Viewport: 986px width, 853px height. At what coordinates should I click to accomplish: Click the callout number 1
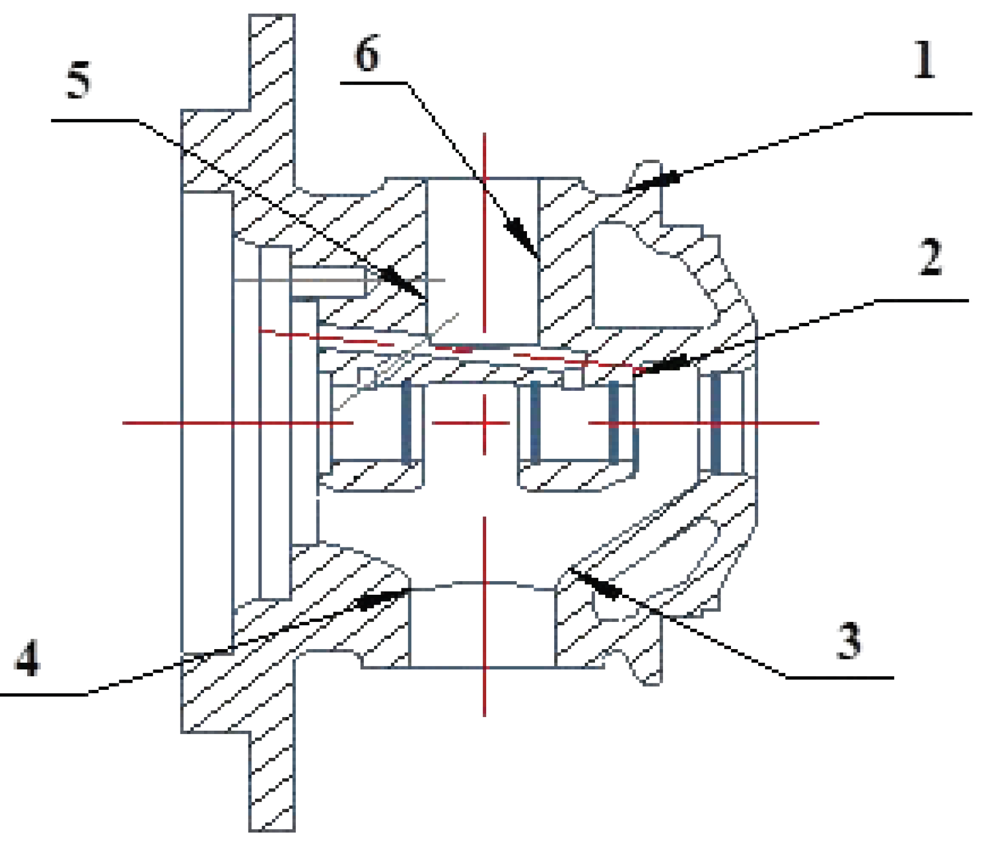coord(923,60)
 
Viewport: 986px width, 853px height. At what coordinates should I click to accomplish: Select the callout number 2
coord(930,257)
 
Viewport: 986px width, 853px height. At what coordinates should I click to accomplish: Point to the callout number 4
coord(27,658)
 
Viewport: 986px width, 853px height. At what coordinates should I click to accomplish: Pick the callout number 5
coord(79,80)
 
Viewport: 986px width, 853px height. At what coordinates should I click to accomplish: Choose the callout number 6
coord(367,54)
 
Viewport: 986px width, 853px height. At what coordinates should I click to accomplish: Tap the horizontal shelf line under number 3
coord(840,678)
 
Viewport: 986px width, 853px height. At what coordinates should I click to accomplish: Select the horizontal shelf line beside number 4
coord(44,695)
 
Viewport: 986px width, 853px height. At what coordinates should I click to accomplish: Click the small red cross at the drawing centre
coord(484,423)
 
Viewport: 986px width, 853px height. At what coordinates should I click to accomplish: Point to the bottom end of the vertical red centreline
coord(484,715)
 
